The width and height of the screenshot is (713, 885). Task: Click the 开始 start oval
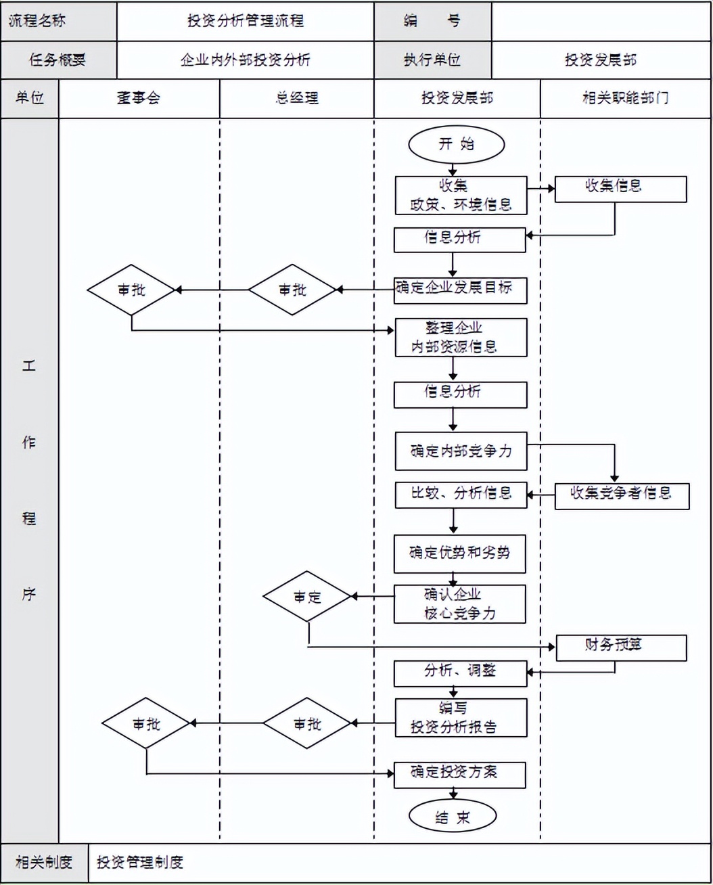coord(456,144)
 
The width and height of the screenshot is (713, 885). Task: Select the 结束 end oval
coord(453,817)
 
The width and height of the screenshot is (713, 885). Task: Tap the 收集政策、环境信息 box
coord(461,196)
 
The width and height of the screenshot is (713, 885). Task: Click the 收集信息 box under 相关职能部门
coord(620,189)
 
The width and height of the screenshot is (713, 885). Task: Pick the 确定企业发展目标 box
coord(460,290)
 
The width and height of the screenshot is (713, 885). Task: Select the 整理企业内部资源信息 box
coord(461,338)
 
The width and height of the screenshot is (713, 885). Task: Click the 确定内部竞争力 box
coord(461,451)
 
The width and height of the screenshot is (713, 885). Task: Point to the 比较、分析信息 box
coord(461,495)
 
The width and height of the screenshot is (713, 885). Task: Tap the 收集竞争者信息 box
coord(622,495)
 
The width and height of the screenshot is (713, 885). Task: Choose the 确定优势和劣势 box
coord(460,553)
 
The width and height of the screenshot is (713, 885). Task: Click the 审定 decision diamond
coord(307,597)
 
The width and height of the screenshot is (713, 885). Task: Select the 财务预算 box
coord(621,648)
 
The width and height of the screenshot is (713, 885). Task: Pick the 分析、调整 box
coord(460,673)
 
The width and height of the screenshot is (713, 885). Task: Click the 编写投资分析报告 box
coord(461,718)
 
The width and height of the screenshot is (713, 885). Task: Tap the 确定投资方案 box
coord(460,775)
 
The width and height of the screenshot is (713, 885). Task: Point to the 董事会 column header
coord(139,98)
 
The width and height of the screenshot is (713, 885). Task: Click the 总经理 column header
coord(296,98)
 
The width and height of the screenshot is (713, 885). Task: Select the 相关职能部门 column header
coord(626,98)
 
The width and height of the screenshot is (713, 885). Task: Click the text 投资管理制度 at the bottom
coord(140,862)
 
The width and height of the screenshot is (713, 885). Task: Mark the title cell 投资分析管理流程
coord(245,21)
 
